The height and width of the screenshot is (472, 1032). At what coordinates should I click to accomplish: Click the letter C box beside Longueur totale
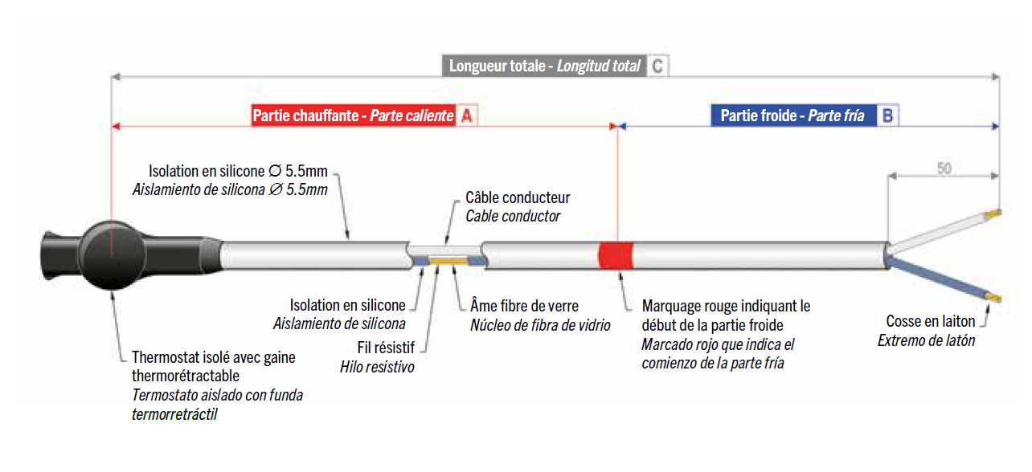(x=658, y=66)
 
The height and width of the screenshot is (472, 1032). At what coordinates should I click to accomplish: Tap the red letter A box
(x=467, y=116)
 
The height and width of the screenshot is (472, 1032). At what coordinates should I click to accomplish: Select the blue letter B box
(x=888, y=116)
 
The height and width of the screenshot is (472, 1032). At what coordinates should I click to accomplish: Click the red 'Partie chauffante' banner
(x=354, y=116)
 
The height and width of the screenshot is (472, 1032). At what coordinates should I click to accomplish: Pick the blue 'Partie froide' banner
(x=794, y=116)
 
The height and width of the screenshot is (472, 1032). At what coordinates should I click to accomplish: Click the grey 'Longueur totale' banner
(x=545, y=66)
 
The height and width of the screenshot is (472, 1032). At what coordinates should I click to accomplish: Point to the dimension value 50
(x=944, y=169)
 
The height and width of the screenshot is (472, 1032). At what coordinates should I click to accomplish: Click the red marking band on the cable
(x=616, y=255)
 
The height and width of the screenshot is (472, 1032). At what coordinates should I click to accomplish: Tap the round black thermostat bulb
(x=112, y=255)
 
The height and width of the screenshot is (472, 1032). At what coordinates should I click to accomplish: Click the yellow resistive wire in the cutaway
(x=448, y=262)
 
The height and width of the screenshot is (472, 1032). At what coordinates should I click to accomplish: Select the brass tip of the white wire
(x=993, y=214)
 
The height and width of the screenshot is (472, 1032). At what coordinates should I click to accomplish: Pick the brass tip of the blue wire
(x=993, y=298)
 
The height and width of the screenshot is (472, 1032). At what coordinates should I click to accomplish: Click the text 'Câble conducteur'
(x=518, y=197)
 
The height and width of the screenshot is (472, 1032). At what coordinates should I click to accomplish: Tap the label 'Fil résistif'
(x=386, y=348)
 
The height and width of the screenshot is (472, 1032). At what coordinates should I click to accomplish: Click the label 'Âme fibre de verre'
(x=524, y=306)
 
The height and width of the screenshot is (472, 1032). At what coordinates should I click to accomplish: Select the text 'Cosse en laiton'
(x=930, y=321)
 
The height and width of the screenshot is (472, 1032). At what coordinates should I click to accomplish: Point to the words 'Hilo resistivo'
(x=377, y=367)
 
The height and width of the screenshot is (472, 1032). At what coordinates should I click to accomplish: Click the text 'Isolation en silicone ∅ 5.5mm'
(x=238, y=171)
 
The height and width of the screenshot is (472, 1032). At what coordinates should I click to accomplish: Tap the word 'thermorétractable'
(x=185, y=376)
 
